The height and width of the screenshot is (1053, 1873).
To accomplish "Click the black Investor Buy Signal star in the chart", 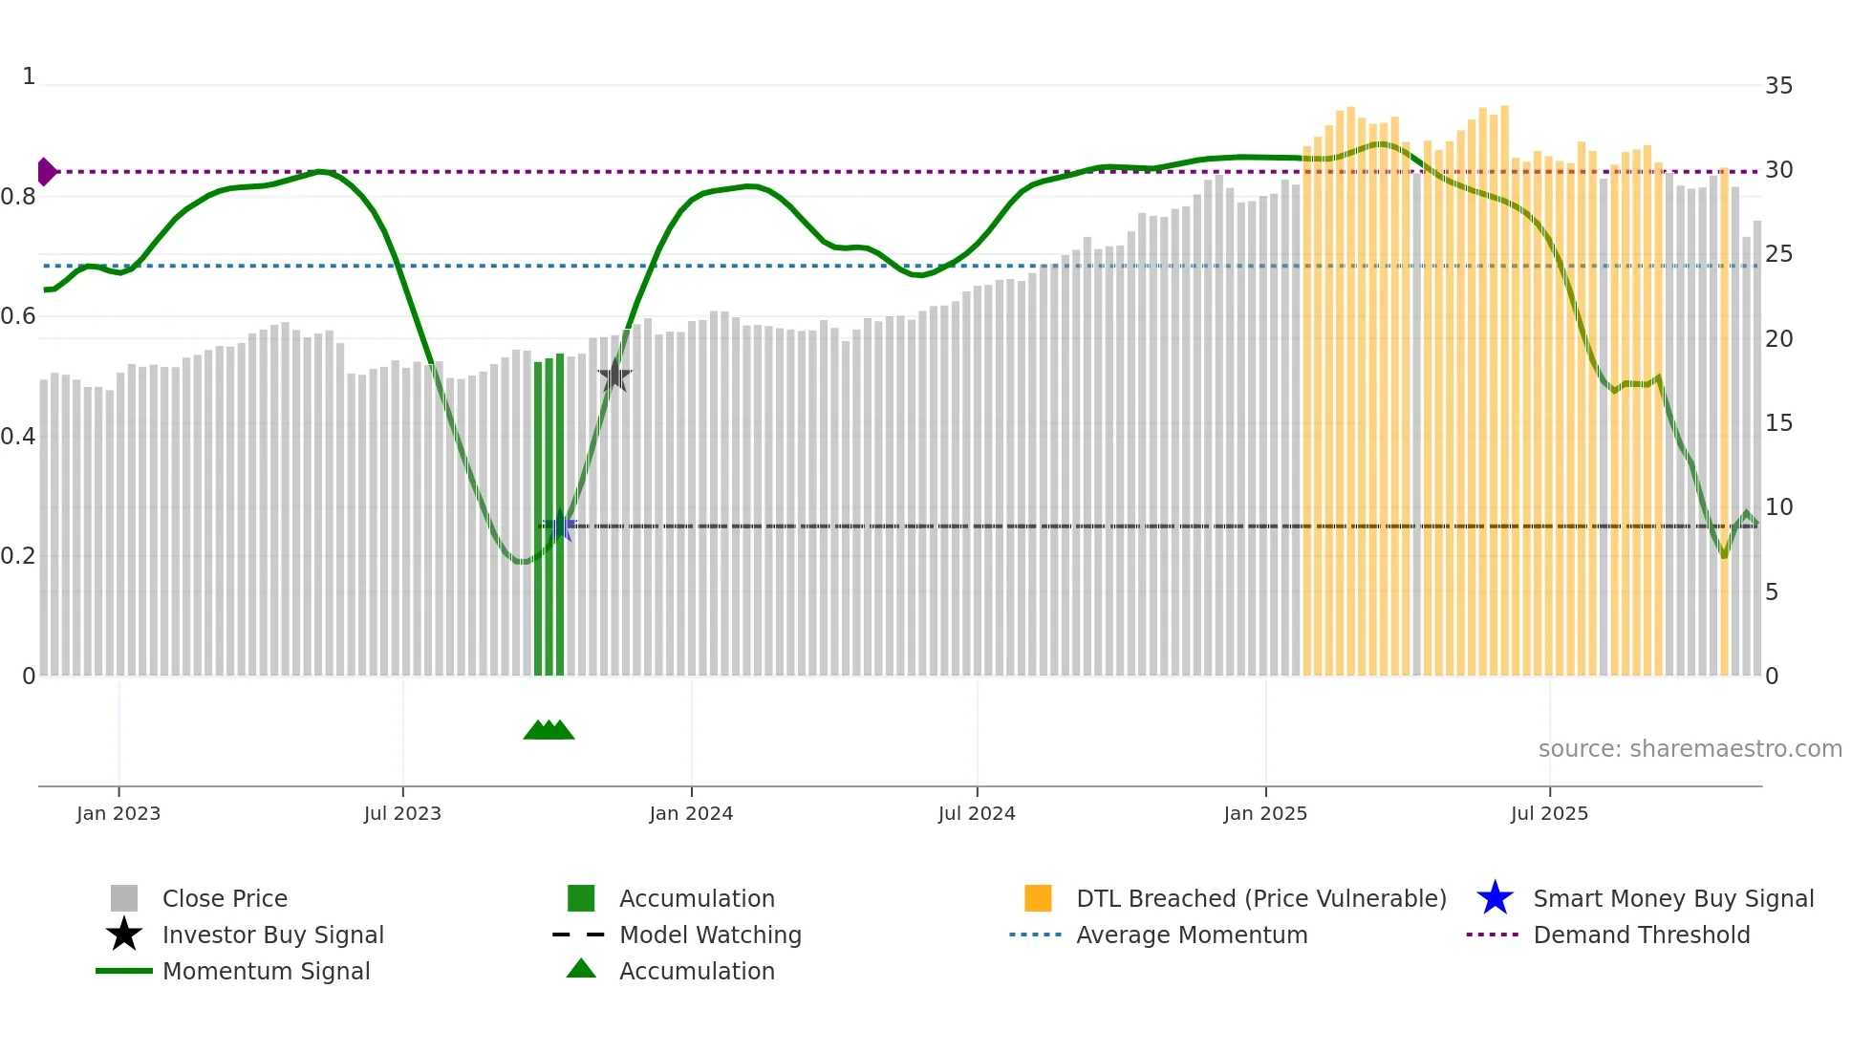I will [614, 376].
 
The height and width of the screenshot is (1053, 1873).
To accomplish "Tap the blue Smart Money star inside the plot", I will [560, 526].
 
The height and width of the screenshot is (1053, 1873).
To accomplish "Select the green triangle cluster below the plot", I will [549, 730].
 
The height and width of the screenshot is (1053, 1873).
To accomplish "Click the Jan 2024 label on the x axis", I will [691, 813].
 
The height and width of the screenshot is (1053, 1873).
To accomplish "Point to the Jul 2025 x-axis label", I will [1549, 813].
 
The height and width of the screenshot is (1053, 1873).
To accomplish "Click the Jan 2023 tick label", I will [118, 813].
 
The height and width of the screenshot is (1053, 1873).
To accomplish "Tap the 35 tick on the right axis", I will [1778, 86].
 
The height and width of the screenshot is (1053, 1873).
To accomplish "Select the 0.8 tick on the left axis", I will [18, 197].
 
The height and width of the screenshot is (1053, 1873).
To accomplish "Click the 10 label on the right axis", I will [1778, 507].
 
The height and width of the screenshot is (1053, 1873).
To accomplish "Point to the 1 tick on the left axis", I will [29, 76].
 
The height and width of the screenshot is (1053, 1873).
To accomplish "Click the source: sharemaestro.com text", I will [1690, 749].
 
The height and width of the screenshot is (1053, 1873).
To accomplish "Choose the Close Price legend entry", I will [225, 899].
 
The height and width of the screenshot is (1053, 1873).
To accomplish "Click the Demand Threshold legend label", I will [1641, 935].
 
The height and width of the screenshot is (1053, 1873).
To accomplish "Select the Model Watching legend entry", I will [710, 935].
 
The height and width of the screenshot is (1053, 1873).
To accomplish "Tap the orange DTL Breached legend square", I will [1038, 898].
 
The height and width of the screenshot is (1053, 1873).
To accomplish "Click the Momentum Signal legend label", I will [266, 972].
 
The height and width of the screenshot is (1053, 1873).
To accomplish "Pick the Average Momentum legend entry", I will [1191, 935].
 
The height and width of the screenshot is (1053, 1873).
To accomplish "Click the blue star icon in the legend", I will [1495, 898].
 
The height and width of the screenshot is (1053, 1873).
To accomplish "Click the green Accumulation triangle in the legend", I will [581, 969].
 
